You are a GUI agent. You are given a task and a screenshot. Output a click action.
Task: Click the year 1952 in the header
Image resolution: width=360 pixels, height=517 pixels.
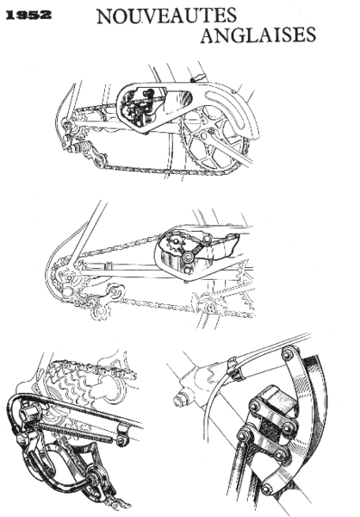coord(28,15)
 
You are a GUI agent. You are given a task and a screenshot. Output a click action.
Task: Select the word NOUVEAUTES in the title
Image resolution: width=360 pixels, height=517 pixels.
coord(163,16)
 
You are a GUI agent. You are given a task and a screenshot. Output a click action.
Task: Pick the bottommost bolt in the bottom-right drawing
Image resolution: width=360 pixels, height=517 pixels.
coord(267,489)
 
